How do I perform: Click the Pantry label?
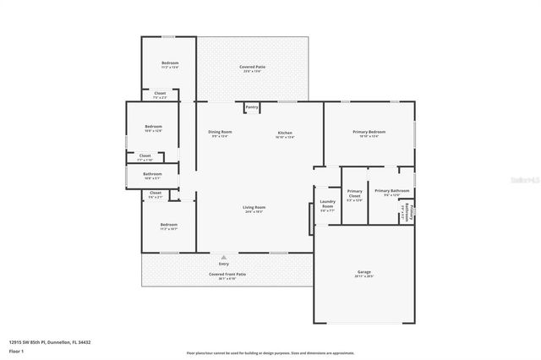[x=252, y=107]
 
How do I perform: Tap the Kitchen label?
[x=285, y=134]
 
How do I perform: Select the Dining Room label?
[x=220, y=134]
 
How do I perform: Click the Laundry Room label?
[x=327, y=204]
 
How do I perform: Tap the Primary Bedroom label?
[x=369, y=133]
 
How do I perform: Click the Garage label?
[x=364, y=274]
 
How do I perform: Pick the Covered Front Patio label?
[x=227, y=275]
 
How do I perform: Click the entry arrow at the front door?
[x=224, y=257]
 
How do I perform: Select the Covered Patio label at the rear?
[x=252, y=68]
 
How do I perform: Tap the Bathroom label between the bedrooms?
[x=152, y=176]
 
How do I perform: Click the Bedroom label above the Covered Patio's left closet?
[x=170, y=65]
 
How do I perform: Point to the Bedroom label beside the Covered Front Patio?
[x=169, y=226]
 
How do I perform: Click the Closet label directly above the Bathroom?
[x=145, y=157]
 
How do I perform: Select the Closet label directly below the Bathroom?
[x=156, y=194]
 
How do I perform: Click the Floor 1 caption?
[x=16, y=350]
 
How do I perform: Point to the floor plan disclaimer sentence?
[x=270, y=353]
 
